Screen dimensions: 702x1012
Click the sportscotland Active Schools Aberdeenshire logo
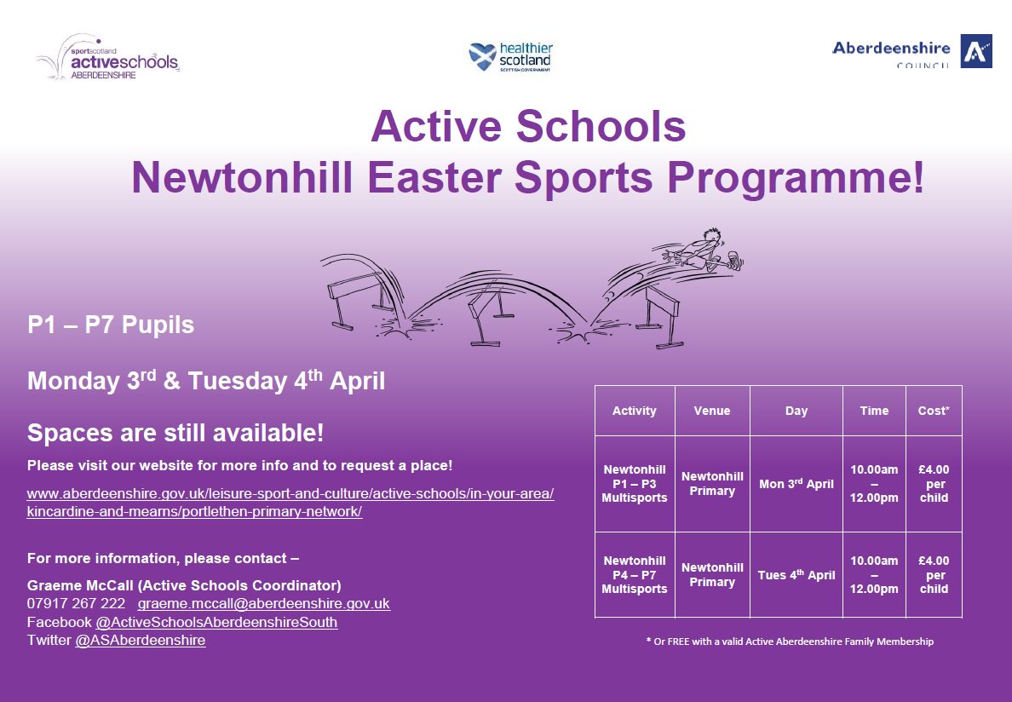pos(108,57)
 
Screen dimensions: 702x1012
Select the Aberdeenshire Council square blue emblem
pos(975,51)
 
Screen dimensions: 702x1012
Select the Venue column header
pos(712,411)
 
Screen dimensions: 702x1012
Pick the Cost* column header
pos(934,411)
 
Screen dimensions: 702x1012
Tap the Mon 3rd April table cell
pos(796,484)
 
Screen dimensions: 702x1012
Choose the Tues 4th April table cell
pos(796,575)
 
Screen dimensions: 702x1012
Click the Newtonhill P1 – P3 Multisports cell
pos(635,484)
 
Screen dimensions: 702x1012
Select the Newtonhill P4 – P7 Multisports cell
pos(635,575)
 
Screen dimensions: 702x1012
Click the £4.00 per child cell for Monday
pos(934,484)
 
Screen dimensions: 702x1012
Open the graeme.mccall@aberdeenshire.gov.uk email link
pos(264,604)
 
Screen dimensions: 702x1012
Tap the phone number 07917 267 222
pos(77,604)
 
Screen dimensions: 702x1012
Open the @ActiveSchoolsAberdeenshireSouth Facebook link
pos(216,623)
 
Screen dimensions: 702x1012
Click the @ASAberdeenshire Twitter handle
pos(141,641)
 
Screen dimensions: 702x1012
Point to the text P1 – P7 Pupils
pos(111,325)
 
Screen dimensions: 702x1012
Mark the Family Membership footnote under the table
pos(790,642)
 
